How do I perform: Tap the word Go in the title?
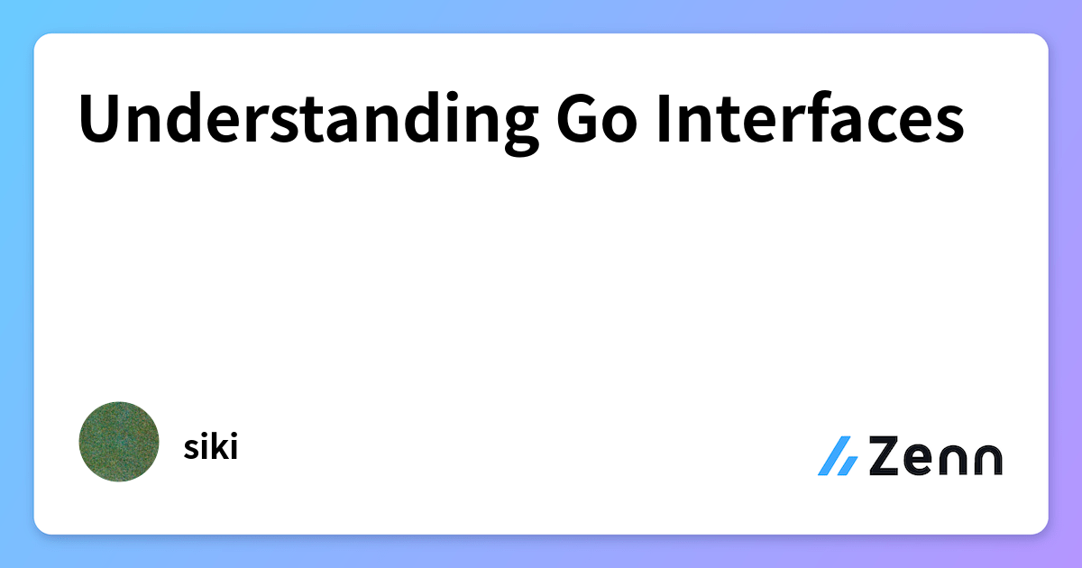(x=597, y=118)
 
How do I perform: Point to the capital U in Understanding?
(x=99, y=118)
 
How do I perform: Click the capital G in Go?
(x=576, y=118)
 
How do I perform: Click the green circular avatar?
(x=119, y=442)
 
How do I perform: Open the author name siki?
(x=211, y=446)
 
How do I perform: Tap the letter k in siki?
(x=218, y=446)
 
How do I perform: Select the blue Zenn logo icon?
(x=838, y=456)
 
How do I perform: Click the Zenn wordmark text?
(x=936, y=455)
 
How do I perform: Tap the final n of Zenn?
(x=988, y=460)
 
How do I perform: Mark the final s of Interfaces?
(x=949, y=124)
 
